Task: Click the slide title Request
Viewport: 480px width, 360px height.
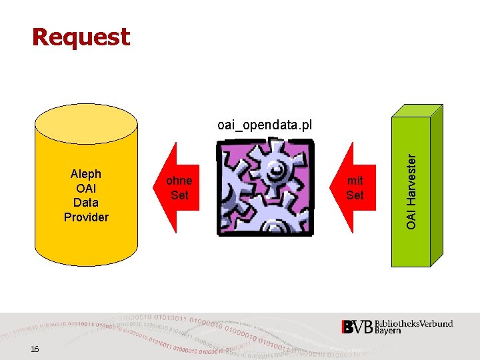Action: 81,37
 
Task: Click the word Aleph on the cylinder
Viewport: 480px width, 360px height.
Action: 86,174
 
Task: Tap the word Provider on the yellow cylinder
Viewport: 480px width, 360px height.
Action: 86,217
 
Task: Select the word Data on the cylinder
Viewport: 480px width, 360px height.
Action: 86,202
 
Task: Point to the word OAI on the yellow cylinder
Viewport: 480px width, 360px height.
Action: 86,188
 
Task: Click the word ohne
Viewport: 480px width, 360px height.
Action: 179,181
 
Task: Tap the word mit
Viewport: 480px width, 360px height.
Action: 355,181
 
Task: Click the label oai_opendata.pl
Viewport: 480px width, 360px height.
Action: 265,125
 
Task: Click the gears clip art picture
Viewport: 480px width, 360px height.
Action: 265,188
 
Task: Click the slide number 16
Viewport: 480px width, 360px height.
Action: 35,350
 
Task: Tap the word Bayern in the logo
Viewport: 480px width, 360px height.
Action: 388,331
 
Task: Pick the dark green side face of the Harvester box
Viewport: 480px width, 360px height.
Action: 437,187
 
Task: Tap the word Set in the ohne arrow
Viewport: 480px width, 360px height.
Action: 179,195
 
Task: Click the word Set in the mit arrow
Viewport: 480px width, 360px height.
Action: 355,195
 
